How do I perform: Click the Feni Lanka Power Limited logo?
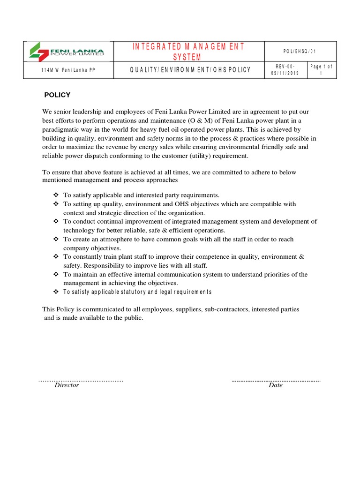pyautogui.click(x=67, y=52)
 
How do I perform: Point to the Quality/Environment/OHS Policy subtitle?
pyautogui.click(x=190, y=70)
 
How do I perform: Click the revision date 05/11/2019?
pyautogui.click(x=285, y=73)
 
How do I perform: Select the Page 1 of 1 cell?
pyautogui.click(x=322, y=70)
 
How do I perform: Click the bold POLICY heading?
pyautogui.click(x=57, y=95)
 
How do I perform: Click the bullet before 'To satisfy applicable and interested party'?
pyautogui.click(x=55, y=195)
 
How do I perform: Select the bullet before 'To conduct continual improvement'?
pyautogui.click(x=55, y=222)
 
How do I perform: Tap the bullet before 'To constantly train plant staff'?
pyautogui.click(x=55, y=257)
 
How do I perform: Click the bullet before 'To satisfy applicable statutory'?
pyautogui.click(x=55, y=292)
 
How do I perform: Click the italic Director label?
pyautogui.click(x=67, y=385)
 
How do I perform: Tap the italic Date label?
pyautogui.click(x=276, y=385)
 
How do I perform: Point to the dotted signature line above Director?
pyautogui.click(x=81, y=381)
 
